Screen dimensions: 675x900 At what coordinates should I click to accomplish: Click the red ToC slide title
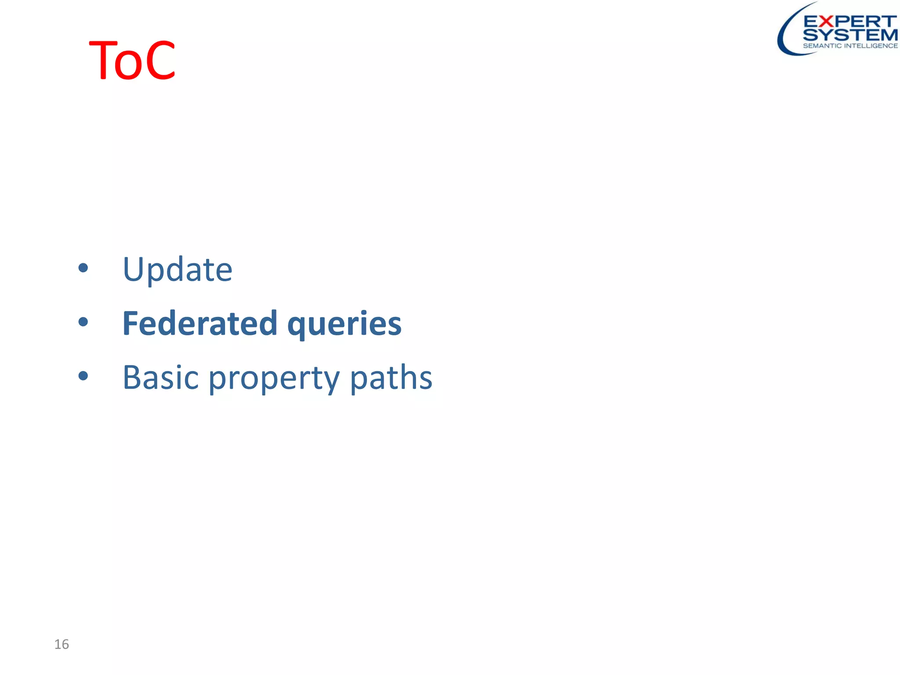click(x=132, y=60)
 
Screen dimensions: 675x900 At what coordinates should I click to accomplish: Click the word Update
click(x=177, y=269)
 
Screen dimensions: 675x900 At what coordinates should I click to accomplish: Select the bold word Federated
click(x=200, y=323)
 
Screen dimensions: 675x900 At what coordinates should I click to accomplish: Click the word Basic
click(x=160, y=377)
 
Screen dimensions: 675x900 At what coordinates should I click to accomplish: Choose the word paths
click(x=391, y=377)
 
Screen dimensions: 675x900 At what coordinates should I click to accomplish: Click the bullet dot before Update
click(x=83, y=268)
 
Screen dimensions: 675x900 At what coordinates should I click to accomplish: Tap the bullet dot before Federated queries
click(x=83, y=322)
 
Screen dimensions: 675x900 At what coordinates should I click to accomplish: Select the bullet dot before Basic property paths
click(x=83, y=376)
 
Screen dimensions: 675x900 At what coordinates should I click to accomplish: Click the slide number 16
click(x=62, y=644)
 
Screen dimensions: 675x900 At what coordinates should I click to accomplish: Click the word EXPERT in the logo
click(x=849, y=21)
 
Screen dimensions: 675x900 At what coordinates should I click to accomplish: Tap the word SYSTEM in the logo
click(x=850, y=35)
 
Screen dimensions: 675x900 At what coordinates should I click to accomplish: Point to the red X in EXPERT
click(x=827, y=21)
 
